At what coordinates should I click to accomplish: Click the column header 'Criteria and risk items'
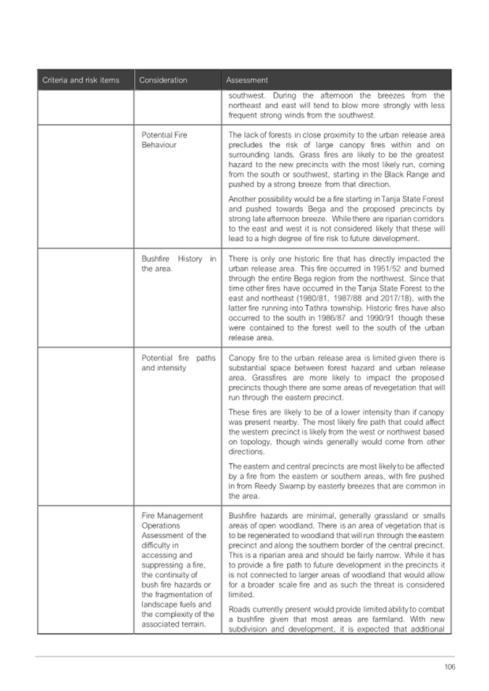(x=80, y=80)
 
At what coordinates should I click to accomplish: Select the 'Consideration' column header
(x=163, y=80)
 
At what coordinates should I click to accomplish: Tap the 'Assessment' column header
(x=247, y=80)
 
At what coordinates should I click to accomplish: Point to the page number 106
(x=450, y=667)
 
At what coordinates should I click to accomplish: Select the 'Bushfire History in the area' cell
(x=178, y=264)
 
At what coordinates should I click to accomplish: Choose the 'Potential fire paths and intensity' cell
(x=178, y=363)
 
